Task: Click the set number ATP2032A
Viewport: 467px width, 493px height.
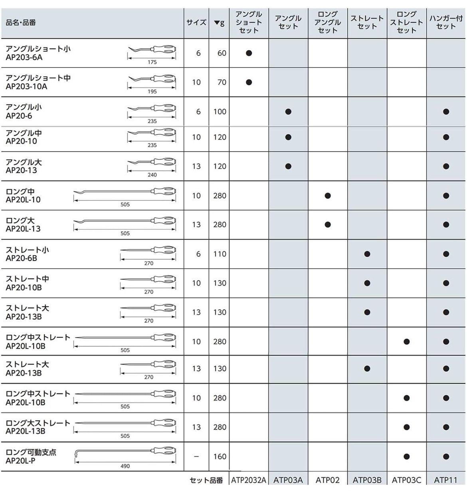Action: click(249, 480)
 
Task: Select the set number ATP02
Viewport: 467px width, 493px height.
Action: click(327, 480)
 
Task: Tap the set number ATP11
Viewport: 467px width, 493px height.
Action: click(445, 480)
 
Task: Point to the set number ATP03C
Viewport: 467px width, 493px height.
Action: click(406, 480)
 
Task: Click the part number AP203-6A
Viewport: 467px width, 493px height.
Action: click(24, 57)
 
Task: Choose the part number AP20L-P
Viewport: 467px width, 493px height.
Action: click(21, 461)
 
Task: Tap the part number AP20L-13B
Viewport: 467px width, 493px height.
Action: click(25, 431)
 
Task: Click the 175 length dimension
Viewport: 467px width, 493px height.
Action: click(152, 62)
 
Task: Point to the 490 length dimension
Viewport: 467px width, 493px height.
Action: click(125, 466)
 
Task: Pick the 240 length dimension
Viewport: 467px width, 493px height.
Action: click(152, 175)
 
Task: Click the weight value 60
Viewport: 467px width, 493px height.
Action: click(222, 53)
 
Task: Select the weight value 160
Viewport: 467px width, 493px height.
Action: click(220, 456)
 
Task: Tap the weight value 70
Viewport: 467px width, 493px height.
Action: click(222, 82)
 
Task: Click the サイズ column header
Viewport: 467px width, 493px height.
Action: click(196, 23)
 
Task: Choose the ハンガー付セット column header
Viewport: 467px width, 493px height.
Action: click(445, 22)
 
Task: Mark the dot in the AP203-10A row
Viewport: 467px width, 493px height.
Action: click(249, 82)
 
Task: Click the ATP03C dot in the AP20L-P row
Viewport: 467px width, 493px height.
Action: click(406, 456)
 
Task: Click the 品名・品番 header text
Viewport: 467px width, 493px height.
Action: click(21, 23)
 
